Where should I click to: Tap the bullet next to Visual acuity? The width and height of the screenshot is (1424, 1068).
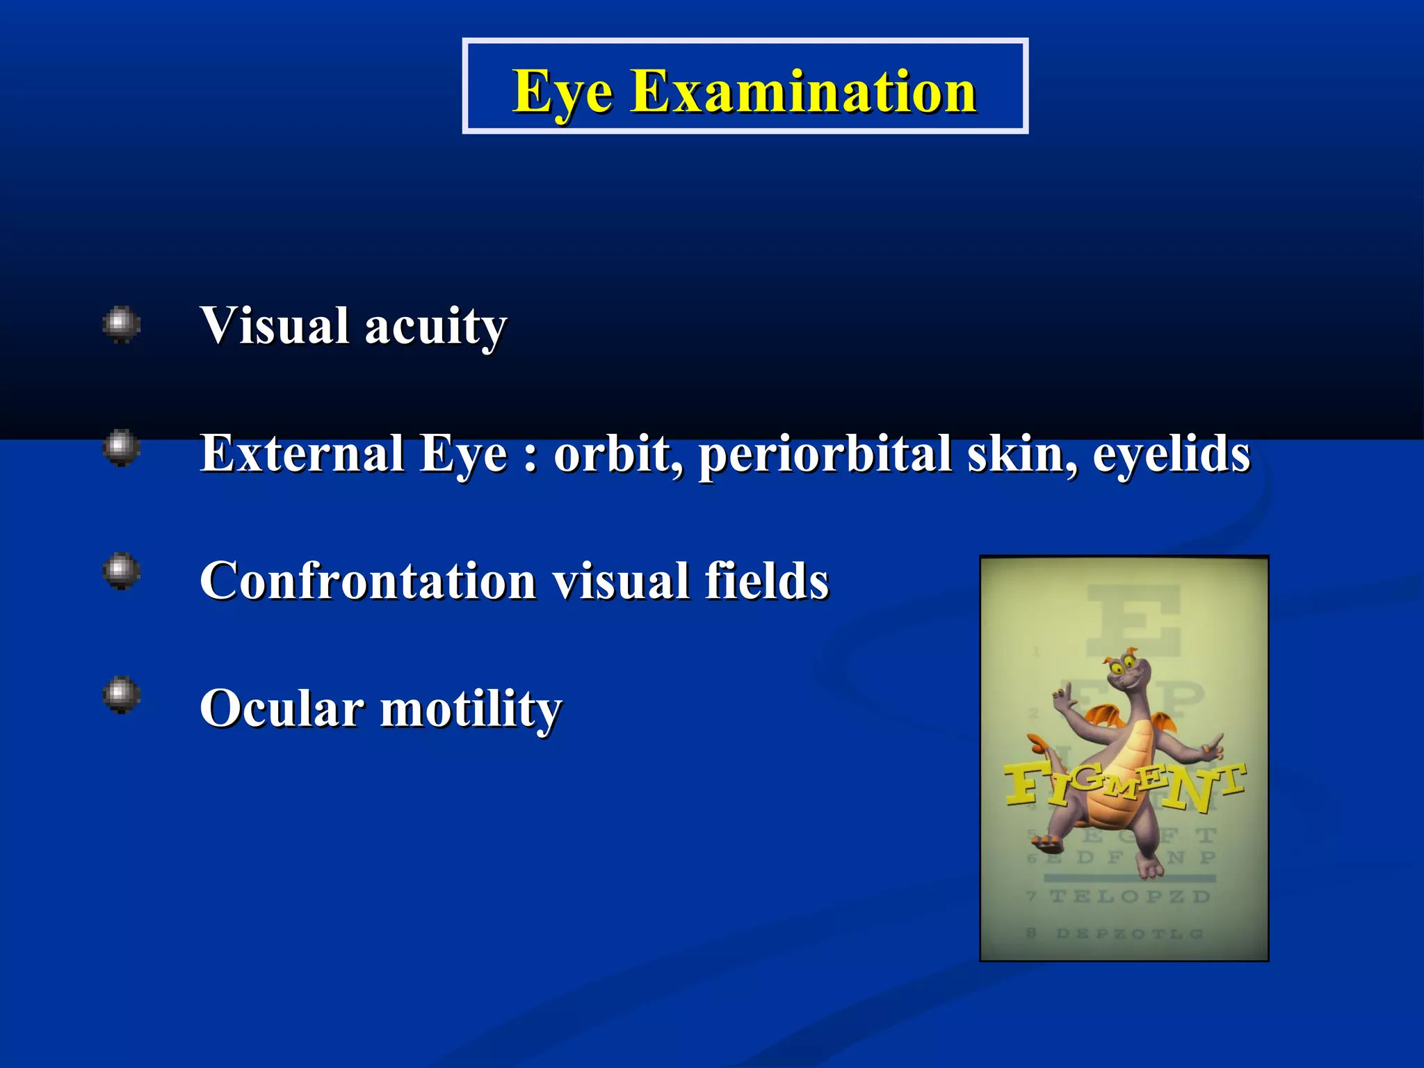122,324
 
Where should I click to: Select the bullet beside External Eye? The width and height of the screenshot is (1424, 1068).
122,448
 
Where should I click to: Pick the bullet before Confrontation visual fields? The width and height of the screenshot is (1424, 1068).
122,572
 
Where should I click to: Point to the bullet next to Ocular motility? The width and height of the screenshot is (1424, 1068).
122,695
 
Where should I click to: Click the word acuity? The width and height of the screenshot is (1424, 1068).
436,327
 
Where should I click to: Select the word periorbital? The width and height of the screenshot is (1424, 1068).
825,454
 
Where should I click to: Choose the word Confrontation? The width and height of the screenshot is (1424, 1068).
368,581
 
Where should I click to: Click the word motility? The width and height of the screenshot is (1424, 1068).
471,709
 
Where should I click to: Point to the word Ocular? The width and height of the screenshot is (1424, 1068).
282,709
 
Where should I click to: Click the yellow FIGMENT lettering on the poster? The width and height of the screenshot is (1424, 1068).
1124,786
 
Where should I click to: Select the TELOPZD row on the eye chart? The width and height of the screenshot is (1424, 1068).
1130,896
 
